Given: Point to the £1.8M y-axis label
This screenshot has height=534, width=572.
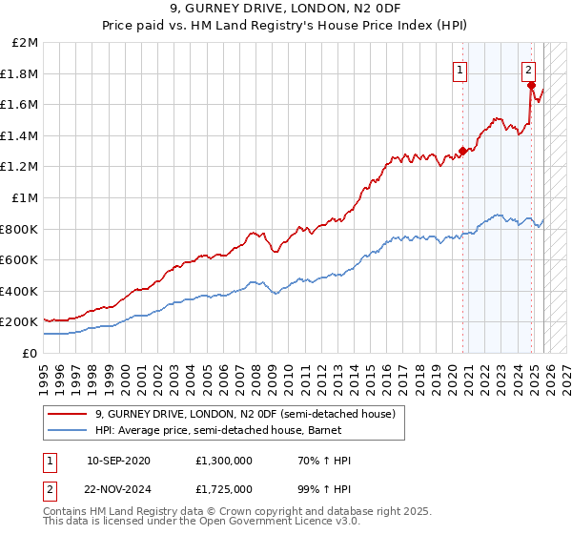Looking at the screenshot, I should pyautogui.click(x=22, y=73).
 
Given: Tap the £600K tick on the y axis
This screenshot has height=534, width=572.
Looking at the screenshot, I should pyautogui.click(x=20, y=259).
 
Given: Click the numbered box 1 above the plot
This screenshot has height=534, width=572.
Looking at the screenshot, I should pyautogui.click(x=460, y=69).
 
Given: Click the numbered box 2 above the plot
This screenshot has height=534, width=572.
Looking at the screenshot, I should pyautogui.click(x=528, y=69).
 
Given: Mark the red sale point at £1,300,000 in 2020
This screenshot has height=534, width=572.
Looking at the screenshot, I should pyautogui.click(x=462, y=150).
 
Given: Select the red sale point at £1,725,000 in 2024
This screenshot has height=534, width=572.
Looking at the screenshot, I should pyautogui.click(x=531, y=85).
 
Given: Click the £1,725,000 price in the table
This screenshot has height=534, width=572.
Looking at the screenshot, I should pyautogui.click(x=226, y=487).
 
